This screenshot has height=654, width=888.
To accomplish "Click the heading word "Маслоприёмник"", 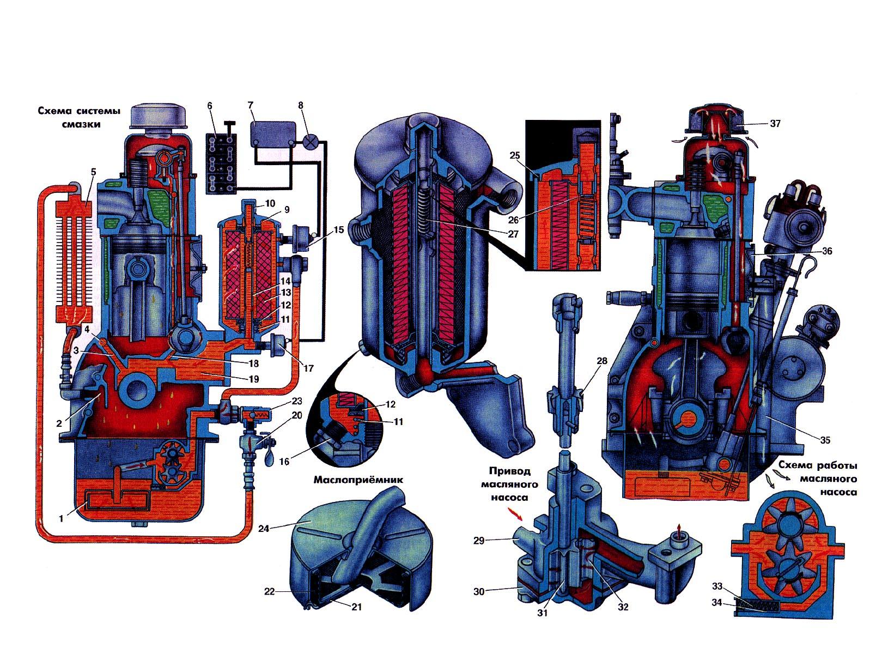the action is click(358, 480).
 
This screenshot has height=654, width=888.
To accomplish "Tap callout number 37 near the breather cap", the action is click(775, 123).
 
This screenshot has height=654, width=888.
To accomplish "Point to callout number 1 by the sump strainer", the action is click(61, 518).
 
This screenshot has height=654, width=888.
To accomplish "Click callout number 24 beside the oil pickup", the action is click(264, 528).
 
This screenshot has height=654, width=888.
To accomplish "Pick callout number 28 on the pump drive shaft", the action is click(602, 361).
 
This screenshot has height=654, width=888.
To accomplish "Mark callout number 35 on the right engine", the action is click(825, 440).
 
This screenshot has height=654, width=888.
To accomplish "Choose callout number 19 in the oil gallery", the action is click(254, 379).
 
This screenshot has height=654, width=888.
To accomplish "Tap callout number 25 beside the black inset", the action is click(515, 155).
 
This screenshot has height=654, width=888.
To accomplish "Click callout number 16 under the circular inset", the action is click(284, 461).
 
